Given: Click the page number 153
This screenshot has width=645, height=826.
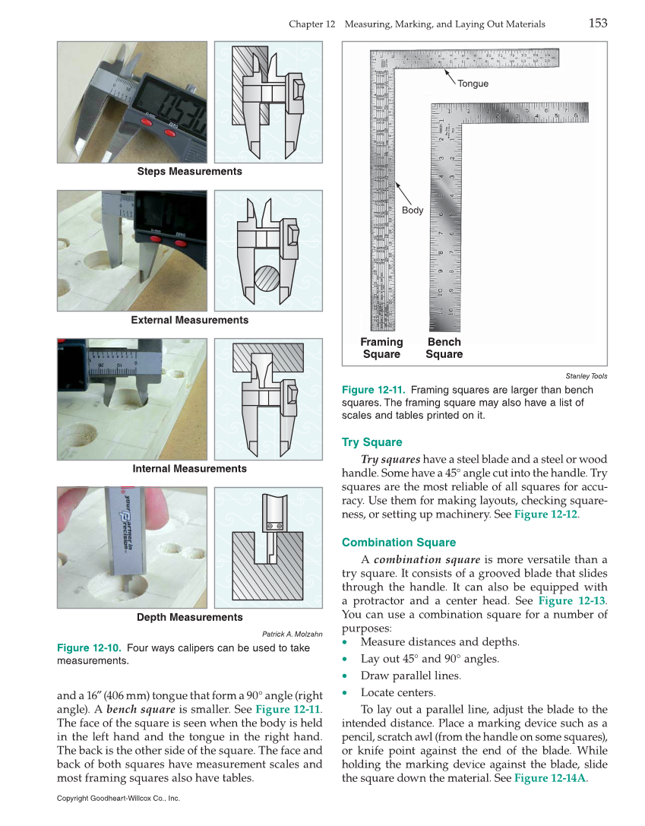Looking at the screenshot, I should click(597, 24).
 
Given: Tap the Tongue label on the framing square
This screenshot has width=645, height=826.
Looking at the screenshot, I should click(473, 84).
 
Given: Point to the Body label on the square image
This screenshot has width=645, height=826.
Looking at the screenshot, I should click(413, 210).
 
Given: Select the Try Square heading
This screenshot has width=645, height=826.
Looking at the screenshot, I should click(372, 442).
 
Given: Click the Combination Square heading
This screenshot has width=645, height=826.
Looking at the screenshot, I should click(399, 543).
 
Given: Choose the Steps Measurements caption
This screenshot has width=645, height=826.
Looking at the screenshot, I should click(189, 172).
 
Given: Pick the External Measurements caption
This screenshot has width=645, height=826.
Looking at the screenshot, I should click(189, 320).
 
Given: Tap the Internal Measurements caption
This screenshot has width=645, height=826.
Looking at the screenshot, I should click(189, 469).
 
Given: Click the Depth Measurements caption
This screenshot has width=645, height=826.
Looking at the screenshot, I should click(189, 617).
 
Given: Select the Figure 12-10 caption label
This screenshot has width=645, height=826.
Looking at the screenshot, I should click(89, 648).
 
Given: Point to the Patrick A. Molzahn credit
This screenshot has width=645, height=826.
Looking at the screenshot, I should click(292, 634).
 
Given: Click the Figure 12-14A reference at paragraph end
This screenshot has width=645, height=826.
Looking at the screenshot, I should click(550, 778).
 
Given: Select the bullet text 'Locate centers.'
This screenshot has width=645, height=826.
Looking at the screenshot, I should click(397, 692).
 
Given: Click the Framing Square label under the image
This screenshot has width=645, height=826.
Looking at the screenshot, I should click(381, 348).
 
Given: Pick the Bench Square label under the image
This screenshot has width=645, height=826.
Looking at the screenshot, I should click(444, 348).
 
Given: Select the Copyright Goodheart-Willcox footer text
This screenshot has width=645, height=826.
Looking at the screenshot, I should click(118, 799).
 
